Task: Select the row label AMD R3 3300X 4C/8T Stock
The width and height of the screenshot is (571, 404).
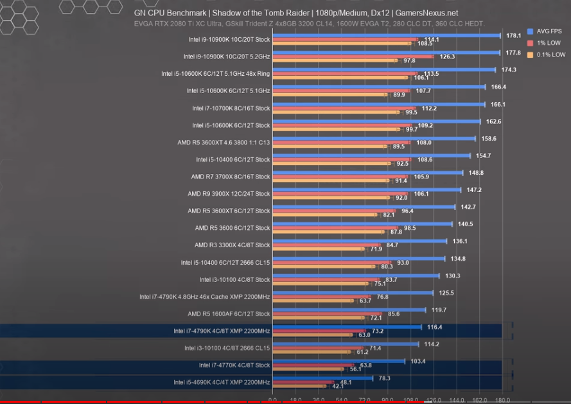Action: point(232,245)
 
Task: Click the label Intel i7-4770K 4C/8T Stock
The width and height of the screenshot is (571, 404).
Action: point(234,365)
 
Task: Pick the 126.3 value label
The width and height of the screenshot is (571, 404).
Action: point(448,57)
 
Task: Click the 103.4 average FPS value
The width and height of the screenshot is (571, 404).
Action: point(418,361)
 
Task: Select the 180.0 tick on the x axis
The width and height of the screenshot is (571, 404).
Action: point(502,400)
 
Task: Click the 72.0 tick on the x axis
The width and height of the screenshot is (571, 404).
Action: point(364,400)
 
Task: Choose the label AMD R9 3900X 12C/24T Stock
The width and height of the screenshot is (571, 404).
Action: point(229,193)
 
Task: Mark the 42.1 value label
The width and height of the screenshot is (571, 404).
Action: point(338,387)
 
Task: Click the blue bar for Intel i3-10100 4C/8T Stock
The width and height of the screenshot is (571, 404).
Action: point(356,276)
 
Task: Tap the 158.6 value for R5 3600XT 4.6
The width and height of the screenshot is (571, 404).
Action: point(488,138)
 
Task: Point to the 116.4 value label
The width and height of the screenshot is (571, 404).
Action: point(435,327)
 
